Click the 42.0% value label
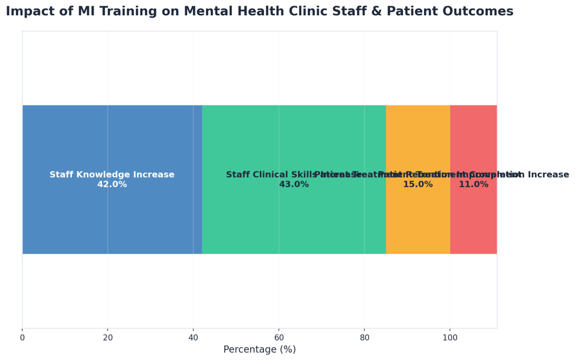tap(112, 185)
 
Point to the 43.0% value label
tap(294, 185)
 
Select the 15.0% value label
tap(418, 185)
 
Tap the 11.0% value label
tap(473, 185)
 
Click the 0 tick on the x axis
tap(22, 337)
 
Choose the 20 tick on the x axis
tap(108, 337)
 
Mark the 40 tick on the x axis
tap(193, 337)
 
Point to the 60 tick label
tap(278, 337)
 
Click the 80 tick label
tap(364, 337)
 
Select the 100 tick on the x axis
tap(449, 337)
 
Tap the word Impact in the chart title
tap(28, 12)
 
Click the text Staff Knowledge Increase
tap(112, 175)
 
